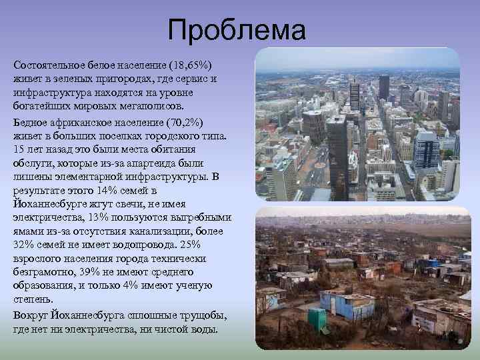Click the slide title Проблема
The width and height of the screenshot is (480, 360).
237,31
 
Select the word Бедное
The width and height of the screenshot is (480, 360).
30,125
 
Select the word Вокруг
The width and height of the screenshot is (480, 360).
29,316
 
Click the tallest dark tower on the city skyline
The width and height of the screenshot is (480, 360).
384,87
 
